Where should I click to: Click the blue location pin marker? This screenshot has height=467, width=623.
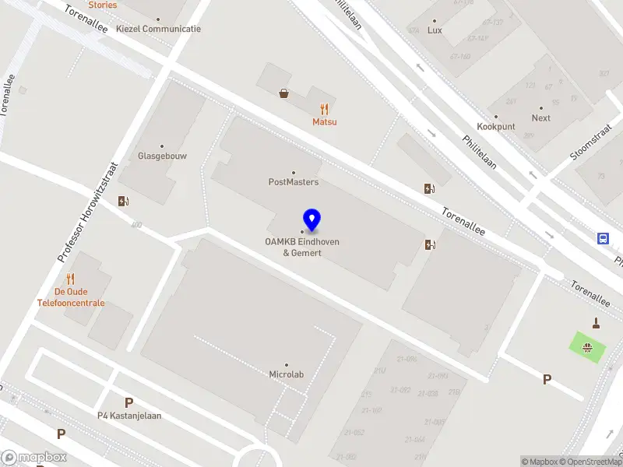coord(312,220)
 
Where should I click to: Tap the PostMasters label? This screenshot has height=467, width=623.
coord(294,182)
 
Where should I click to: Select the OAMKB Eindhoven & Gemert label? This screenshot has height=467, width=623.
coord(302,247)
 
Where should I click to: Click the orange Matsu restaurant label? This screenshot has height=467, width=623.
coord(325,121)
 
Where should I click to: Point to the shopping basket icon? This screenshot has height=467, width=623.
coord(284,93)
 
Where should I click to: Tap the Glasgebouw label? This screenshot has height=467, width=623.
coord(162,155)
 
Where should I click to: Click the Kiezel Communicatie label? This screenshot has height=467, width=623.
coord(158,29)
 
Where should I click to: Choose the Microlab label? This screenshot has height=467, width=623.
coord(286,374)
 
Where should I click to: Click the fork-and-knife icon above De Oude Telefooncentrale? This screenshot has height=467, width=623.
coord(70,279)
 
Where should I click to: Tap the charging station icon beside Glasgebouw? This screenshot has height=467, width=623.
coord(123,201)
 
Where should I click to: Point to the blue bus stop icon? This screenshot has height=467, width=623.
coord(603,238)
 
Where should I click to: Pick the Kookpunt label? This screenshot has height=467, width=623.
coord(495,126)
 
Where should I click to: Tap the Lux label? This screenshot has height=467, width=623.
coord(435,30)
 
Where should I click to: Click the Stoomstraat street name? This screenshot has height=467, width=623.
coord(591,145)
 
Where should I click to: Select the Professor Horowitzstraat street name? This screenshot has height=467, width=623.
coord(86,212)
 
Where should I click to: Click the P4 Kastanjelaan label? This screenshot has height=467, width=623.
coord(129,415)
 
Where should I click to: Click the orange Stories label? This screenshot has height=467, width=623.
coord(103,5)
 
